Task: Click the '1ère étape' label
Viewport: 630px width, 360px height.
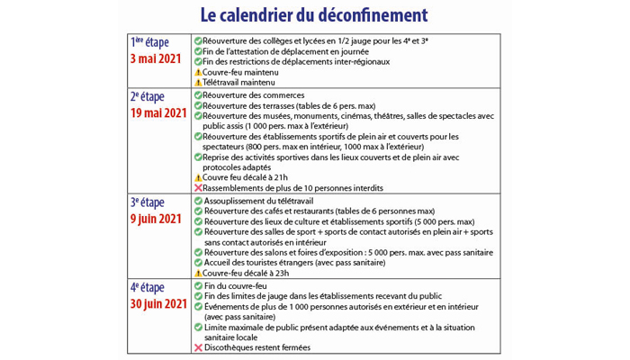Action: [151, 42]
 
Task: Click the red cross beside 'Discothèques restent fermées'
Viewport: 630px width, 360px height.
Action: [198, 347]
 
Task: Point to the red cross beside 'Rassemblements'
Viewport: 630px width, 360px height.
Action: [198, 188]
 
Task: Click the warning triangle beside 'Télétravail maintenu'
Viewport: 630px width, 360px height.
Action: [198, 82]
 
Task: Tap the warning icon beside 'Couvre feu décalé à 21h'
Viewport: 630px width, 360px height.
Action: [198, 177]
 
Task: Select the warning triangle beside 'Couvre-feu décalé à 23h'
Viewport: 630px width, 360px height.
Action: [198, 273]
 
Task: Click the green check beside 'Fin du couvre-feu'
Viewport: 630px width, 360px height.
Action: [198, 286]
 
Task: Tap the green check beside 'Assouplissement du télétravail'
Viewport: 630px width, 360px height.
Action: [198, 201]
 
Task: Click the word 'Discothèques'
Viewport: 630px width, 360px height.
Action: [233, 347]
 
